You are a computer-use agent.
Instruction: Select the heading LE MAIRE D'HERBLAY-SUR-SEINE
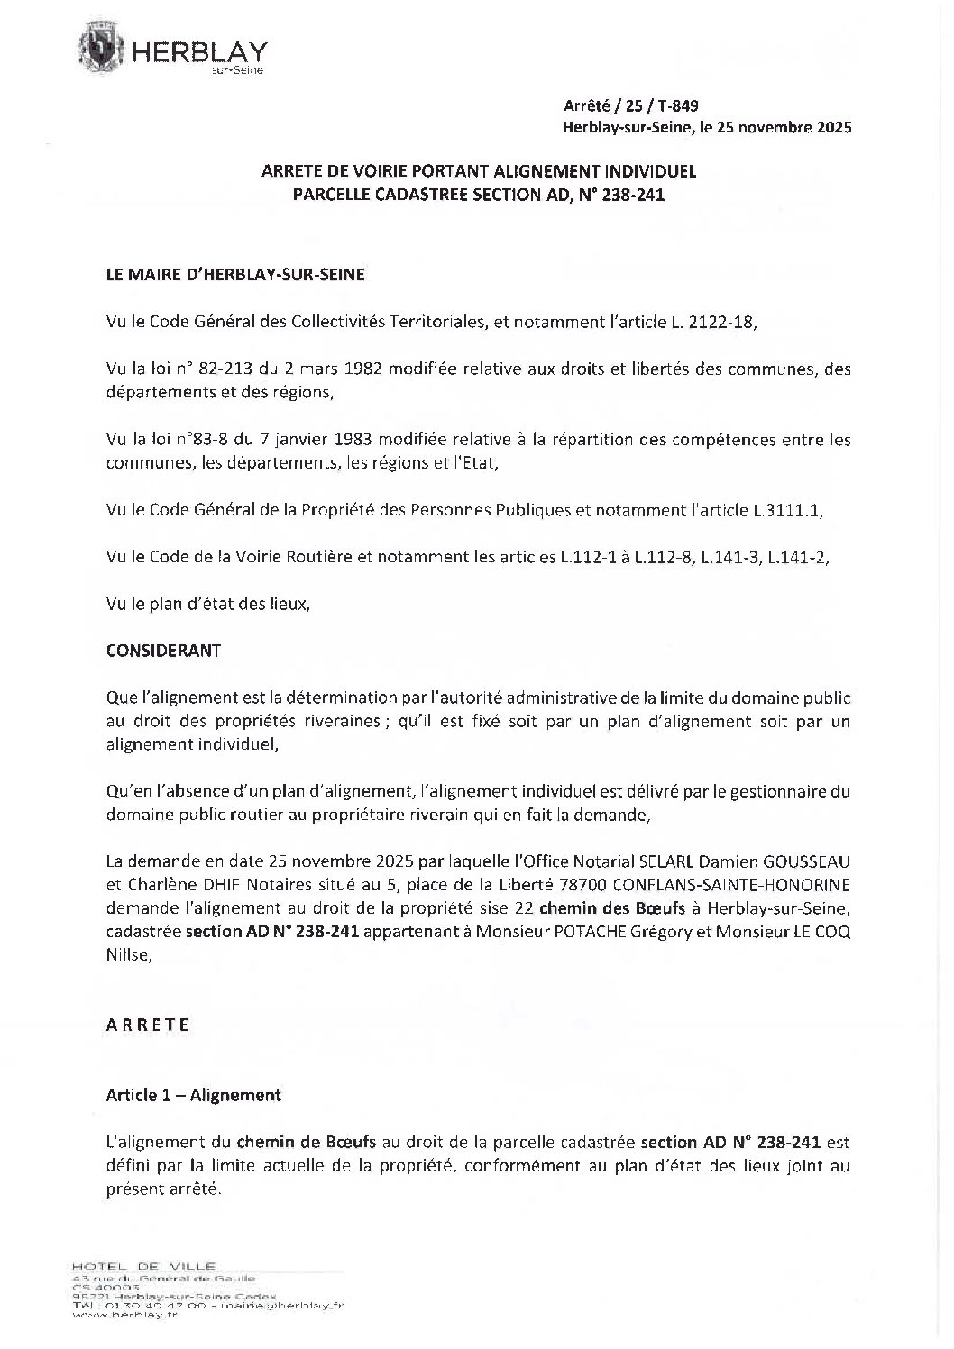pyautogui.click(x=235, y=276)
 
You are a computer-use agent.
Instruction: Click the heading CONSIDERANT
pyautogui.click(x=163, y=651)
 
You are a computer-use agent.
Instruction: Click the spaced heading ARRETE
pyautogui.click(x=148, y=1025)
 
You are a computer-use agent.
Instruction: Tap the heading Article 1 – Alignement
pyautogui.click(x=194, y=1095)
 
